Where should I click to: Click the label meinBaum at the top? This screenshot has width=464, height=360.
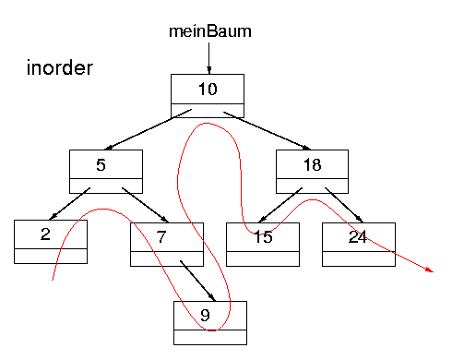(x=209, y=30)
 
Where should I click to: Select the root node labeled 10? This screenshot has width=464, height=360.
(x=208, y=90)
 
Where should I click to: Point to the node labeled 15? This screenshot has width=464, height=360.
(x=263, y=237)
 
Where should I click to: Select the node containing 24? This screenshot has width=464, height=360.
(x=359, y=237)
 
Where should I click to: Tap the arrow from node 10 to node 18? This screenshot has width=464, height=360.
(x=268, y=130)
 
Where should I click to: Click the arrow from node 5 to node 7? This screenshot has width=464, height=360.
(x=141, y=204)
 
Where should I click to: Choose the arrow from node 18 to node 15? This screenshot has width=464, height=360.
(x=278, y=204)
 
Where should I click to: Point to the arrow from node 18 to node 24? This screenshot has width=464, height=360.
(x=339, y=204)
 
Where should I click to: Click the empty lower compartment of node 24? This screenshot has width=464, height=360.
(x=359, y=257)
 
